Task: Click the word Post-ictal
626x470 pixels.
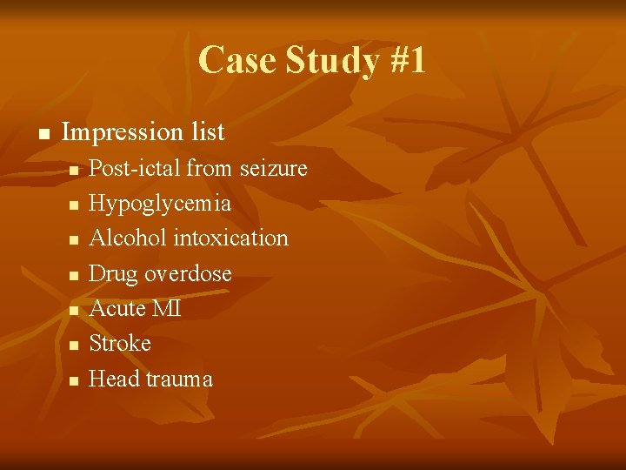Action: coord(135,168)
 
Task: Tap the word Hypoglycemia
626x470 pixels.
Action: coord(160,204)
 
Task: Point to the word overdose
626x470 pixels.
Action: coord(188,274)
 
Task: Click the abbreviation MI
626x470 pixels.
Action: coord(166,309)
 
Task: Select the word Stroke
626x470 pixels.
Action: coord(120,344)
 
